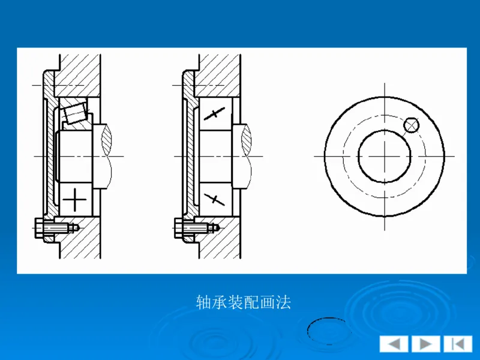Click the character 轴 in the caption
click(x=203, y=302)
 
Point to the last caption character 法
click(x=283, y=302)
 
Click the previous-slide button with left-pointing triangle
click(x=394, y=344)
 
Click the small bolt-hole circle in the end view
click(x=411, y=125)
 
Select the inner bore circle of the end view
click(x=384, y=156)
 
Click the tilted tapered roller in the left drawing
click(x=74, y=112)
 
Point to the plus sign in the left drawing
click(x=74, y=199)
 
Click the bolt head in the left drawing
click(x=38, y=228)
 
